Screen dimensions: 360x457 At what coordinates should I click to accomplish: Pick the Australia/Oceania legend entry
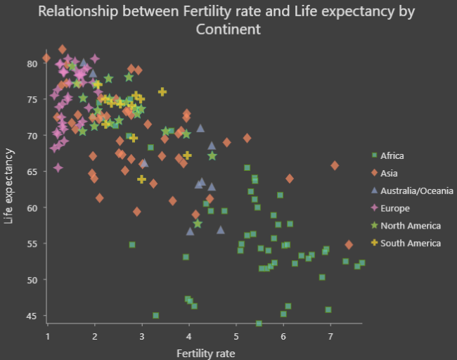(411, 191)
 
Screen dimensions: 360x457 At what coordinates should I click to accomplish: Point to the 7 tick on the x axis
(330, 336)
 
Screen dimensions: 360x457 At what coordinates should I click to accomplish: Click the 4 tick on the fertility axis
(189, 336)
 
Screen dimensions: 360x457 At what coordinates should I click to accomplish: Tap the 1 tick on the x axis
(47, 336)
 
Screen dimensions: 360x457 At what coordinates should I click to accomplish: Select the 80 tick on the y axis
(32, 63)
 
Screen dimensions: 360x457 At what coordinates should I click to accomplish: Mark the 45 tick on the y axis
(32, 316)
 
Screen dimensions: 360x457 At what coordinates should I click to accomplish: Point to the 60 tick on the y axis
(32, 208)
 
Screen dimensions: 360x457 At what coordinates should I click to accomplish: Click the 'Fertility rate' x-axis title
(205, 352)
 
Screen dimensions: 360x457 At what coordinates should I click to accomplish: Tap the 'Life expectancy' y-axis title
(9, 186)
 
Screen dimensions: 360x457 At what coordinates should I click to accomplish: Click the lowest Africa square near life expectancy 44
(259, 323)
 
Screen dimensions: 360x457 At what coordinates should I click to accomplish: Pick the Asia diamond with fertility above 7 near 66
(335, 165)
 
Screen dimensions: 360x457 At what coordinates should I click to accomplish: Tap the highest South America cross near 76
(162, 92)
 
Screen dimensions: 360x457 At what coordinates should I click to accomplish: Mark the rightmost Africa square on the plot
(361, 263)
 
